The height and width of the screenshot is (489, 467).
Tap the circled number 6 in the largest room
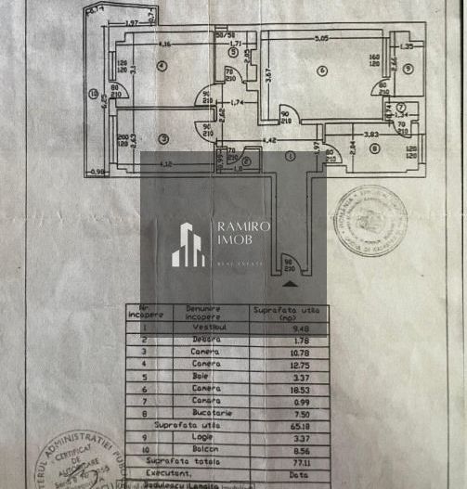tap(321, 71)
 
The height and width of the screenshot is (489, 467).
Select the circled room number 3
tap(163, 139)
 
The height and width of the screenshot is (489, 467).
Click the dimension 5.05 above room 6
tap(322, 38)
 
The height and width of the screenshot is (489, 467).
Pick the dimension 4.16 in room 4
tap(164, 44)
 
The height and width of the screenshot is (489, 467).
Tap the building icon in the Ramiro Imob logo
tap(188, 245)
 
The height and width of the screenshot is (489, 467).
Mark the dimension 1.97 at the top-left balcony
tap(131, 22)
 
